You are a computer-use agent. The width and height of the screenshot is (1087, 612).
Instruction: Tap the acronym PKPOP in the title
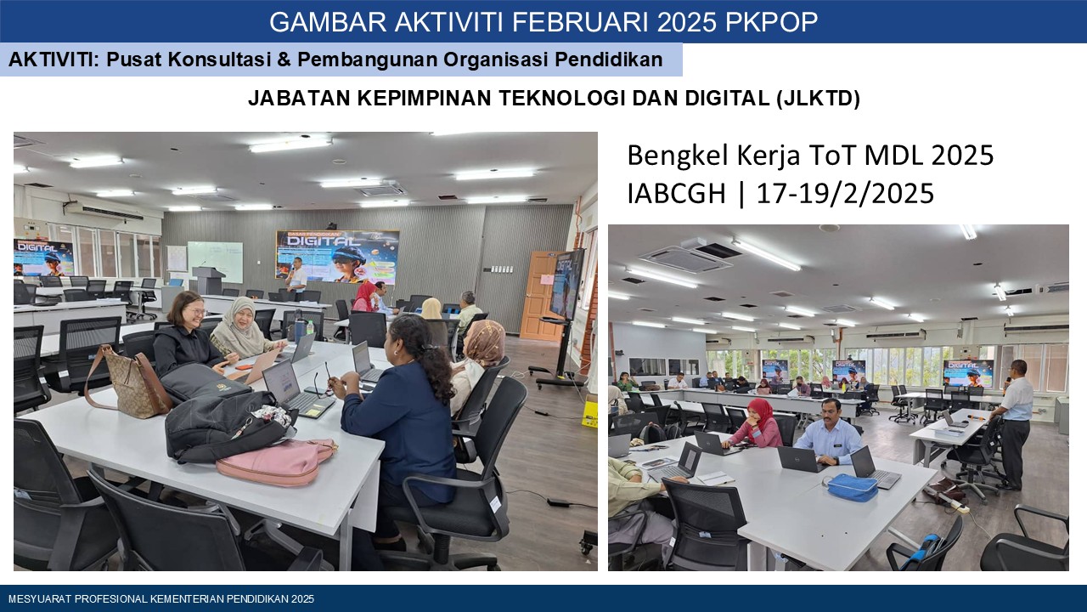(770, 22)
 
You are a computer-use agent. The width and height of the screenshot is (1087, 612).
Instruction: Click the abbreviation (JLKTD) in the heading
(818, 99)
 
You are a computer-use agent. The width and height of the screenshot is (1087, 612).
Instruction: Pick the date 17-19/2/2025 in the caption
(845, 193)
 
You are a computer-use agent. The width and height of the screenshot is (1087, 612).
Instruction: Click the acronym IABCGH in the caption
(676, 193)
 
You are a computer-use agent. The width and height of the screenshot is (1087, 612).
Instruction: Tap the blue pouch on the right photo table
(852, 487)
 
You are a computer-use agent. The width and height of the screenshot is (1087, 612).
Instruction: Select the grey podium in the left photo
(208, 280)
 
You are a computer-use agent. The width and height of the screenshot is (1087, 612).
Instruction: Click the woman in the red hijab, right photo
(755, 424)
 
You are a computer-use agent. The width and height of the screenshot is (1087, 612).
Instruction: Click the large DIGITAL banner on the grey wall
(337, 257)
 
